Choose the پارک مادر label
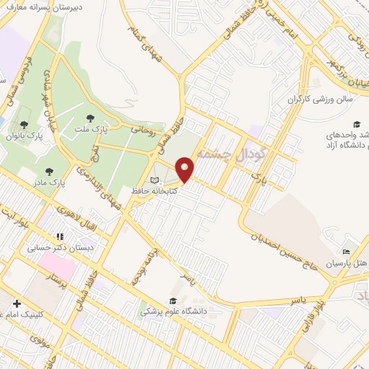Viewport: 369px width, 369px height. [71, 182]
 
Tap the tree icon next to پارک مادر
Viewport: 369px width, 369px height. [49, 172]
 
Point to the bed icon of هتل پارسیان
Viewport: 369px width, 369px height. [347, 252]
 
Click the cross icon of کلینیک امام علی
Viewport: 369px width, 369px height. [16, 304]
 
